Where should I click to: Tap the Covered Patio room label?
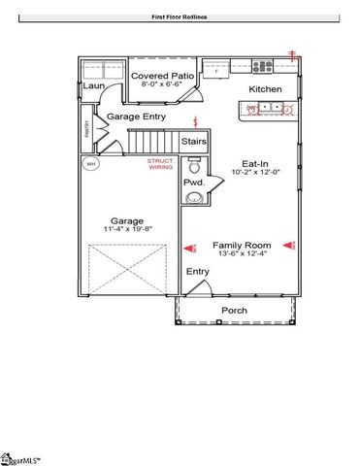pyautogui.click(x=161, y=74)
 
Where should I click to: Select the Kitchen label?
pyautogui.click(x=265, y=88)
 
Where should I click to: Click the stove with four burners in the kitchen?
pyautogui.click(x=262, y=67)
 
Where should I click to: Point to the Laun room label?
pyautogui.click(x=93, y=85)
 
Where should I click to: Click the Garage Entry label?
pyautogui.click(x=136, y=116)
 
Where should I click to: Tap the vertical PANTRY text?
pyautogui.click(x=85, y=130)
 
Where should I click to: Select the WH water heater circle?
pyautogui.click(x=91, y=164)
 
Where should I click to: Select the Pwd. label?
pyautogui.click(x=194, y=183)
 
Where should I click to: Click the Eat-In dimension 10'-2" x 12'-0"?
pyautogui.click(x=257, y=172)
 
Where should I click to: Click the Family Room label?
pyautogui.click(x=243, y=247)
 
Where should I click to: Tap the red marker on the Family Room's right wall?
pyautogui.click(x=288, y=246)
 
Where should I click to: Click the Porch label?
pyautogui.click(x=234, y=311)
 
